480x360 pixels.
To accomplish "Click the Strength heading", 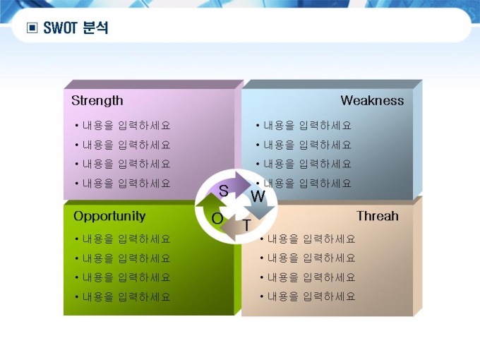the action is click(x=97, y=101).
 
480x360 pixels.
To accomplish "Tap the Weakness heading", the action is click(x=372, y=101).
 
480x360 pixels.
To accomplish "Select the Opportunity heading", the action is click(x=109, y=217).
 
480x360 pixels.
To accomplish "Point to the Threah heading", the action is click(x=378, y=216).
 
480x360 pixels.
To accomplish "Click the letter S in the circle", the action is click(x=224, y=191).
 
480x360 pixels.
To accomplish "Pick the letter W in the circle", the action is click(x=258, y=196).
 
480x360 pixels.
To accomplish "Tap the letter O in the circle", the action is click(x=217, y=219).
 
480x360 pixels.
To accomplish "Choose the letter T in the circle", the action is click(x=247, y=225).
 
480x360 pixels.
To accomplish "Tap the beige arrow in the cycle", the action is click(x=239, y=228).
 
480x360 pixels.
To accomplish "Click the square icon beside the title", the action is click(x=32, y=28).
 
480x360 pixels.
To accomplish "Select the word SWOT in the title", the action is click(x=60, y=28).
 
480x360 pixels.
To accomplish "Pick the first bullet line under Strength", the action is click(x=122, y=126).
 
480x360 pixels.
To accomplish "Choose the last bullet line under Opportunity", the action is click(x=122, y=297).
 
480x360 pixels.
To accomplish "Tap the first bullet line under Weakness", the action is click(x=304, y=126).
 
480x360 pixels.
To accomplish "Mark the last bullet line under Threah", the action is click(x=307, y=296).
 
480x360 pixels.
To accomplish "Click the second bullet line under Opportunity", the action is click(x=122, y=258).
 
